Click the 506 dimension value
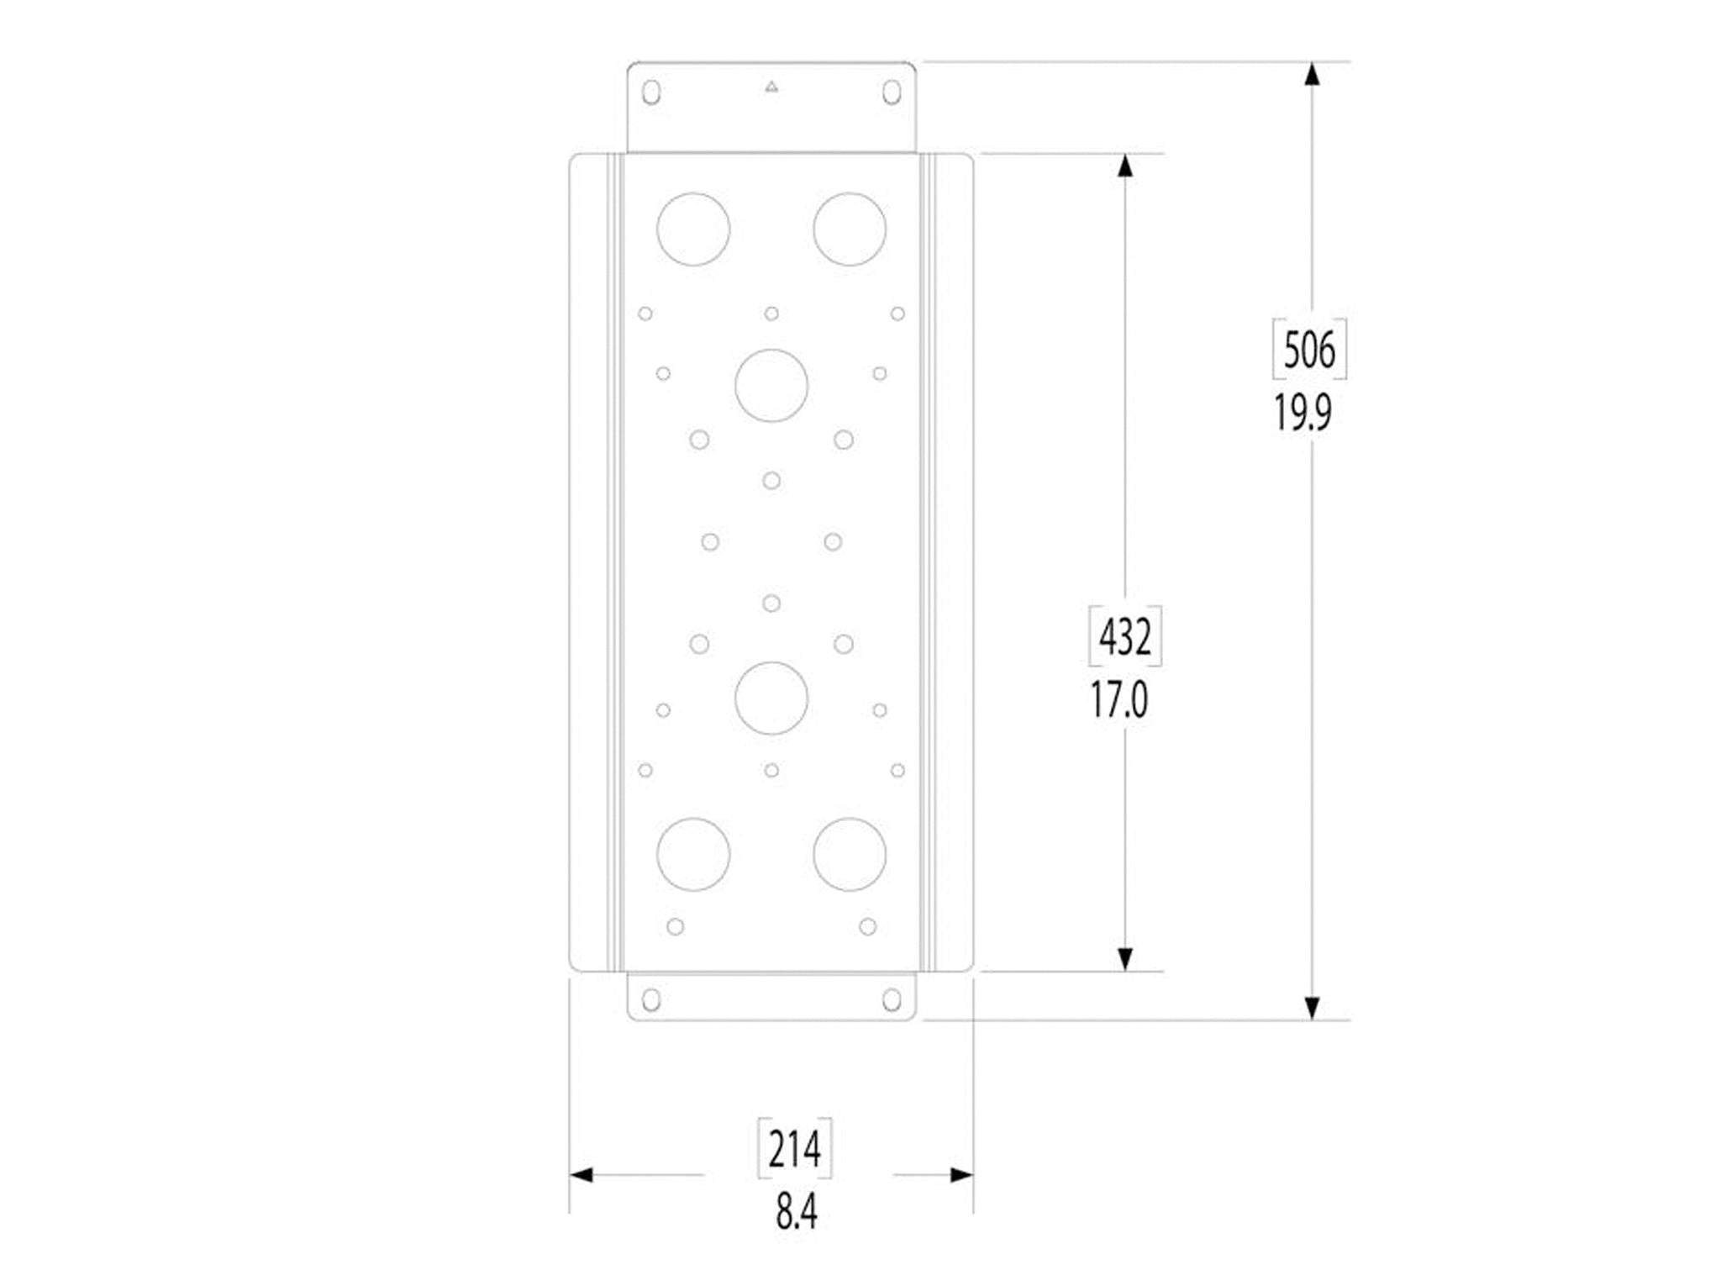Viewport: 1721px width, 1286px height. click(1309, 350)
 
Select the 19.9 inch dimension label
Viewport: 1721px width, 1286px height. click(1303, 413)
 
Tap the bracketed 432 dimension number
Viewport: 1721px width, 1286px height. click(1125, 636)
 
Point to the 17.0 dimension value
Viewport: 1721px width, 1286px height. click(1118, 700)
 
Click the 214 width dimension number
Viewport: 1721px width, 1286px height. click(795, 1149)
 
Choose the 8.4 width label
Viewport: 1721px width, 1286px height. click(796, 1212)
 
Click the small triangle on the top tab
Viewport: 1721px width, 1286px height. click(771, 86)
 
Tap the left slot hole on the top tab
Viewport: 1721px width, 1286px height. click(650, 92)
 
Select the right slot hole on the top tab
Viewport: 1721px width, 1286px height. click(892, 92)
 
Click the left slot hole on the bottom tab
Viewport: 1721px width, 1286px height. click(650, 999)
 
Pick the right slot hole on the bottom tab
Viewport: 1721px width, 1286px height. click(892, 999)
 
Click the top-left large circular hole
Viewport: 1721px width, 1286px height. click(693, 229)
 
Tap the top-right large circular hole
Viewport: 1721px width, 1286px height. click(850, 229)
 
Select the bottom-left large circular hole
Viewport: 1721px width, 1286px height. click(693, 854)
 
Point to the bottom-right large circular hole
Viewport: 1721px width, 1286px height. click(850, 854)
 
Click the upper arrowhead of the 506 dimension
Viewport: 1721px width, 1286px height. click(1311, 74)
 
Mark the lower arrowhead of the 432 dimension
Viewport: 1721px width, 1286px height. click(1125, 959)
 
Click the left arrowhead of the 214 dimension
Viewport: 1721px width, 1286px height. click(582, 1175)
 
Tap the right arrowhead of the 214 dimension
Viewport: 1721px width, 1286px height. click(961, 1175)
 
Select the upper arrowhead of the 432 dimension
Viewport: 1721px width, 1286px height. click(1125, 166)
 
